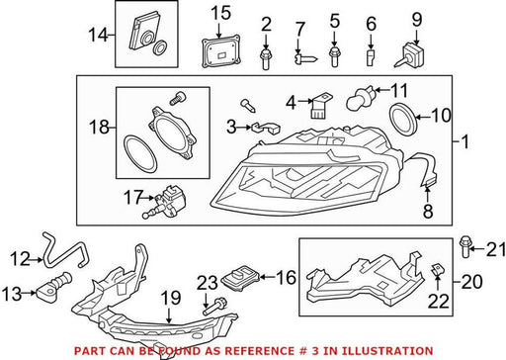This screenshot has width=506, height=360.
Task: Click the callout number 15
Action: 220,14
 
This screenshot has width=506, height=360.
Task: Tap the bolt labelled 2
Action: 266,59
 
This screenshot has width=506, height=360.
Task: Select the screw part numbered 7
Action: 305,59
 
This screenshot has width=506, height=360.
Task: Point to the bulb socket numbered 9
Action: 410,56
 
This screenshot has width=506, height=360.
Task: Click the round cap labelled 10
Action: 403,119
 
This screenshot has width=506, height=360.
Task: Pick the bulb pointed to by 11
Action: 360,98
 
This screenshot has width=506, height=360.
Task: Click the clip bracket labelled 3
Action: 265,128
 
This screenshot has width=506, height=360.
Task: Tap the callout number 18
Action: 99,127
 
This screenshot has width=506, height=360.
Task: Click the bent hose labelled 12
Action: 63,250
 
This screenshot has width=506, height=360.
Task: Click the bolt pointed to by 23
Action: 214,306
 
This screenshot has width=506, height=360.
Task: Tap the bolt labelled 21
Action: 464,246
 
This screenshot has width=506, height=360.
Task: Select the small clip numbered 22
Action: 436,269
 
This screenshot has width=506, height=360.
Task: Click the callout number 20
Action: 471,282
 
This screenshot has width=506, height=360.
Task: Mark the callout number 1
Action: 464,142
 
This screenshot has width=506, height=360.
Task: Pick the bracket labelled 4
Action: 319,106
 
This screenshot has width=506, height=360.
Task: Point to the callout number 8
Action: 428,211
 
